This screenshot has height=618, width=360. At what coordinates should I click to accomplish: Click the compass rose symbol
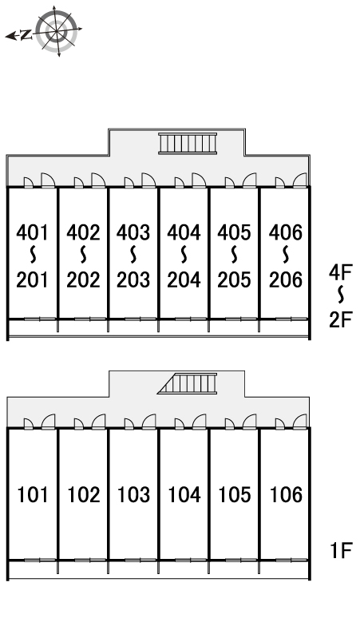point(57,31)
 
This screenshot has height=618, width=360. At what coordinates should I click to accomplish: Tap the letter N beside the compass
point(26,35)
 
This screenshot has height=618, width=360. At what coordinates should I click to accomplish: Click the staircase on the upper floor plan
point(188,143)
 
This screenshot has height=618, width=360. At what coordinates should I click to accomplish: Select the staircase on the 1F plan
point(188,383)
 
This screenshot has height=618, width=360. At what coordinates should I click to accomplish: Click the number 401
point(32,232)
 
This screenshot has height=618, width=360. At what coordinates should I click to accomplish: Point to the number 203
point(133,279)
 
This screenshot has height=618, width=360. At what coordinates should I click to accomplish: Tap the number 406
point(286,232)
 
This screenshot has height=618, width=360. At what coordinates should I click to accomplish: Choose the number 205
point(234,279)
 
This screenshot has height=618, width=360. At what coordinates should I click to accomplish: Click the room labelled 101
point(33,494)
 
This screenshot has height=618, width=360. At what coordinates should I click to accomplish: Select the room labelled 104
point(184,494)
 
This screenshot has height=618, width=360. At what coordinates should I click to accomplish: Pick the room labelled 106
point(285,494)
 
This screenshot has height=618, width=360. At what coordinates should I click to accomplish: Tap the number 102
point(84,494)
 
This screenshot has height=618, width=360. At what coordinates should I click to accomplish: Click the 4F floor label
point(340,272)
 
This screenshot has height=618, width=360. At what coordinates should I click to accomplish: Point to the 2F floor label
point(340,319)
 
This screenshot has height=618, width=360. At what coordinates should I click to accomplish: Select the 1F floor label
point(341,550)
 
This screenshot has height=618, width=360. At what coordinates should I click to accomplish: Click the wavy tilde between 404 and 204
point(184,256)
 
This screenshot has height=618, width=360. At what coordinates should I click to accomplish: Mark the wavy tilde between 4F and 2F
point(341,295)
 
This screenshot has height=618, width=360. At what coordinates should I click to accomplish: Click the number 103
point(134,494)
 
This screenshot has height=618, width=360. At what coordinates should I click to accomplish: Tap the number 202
point(83,279)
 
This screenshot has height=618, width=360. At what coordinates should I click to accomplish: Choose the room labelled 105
point(235,494)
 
